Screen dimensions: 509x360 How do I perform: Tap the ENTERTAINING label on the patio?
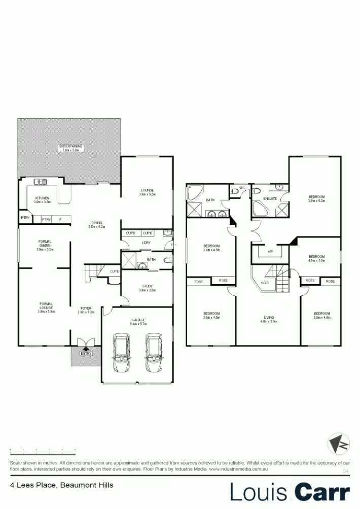pos(70,146)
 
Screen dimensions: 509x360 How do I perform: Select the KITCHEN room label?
pos(42,198)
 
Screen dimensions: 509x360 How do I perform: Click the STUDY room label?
pos(147,286)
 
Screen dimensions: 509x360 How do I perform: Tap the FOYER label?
pos(86,308)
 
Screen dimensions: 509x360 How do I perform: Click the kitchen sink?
pos(40,182)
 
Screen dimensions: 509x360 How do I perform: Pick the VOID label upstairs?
pos(264,283)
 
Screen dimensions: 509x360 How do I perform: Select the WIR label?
pos(270,251)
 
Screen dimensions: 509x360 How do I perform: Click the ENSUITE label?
pos(270,198)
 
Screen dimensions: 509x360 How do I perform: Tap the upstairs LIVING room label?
pos(268,318)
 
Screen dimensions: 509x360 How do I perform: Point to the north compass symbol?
pos(338,444)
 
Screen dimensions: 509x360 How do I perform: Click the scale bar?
pos(43,451)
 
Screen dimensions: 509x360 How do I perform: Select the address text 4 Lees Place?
pos(33,485)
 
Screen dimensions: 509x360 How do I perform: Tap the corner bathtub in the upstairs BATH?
pos(195,193)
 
